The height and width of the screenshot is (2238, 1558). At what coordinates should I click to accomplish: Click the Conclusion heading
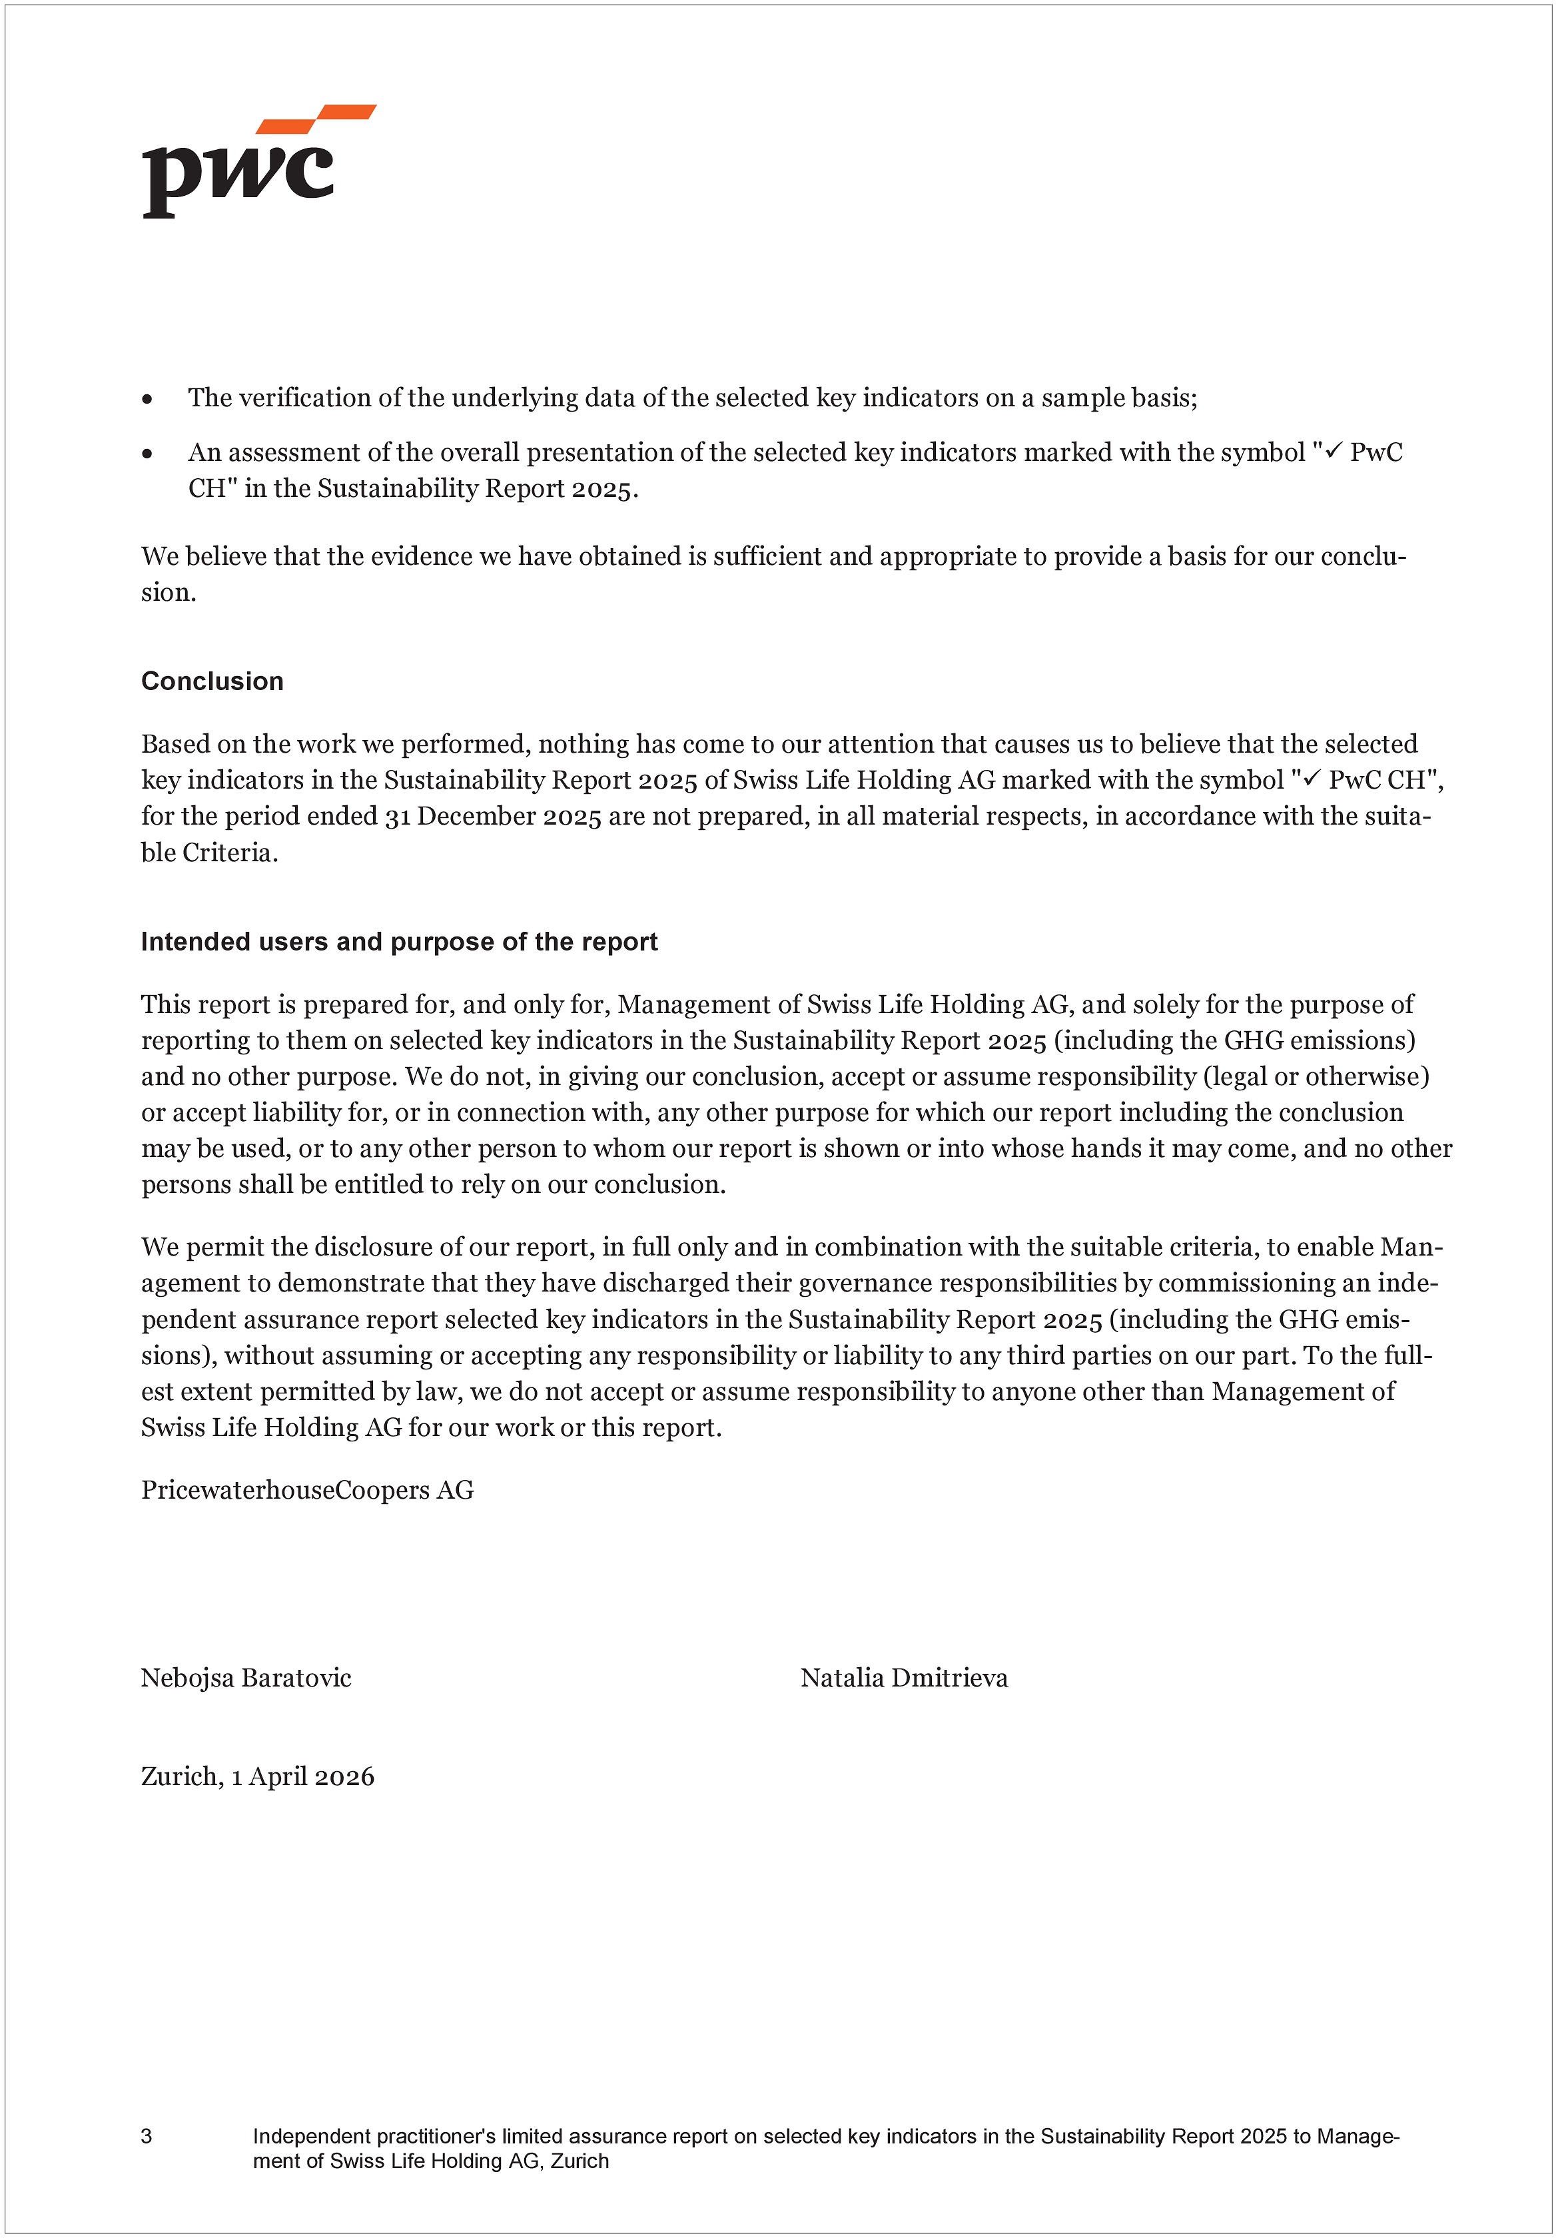(212, 681)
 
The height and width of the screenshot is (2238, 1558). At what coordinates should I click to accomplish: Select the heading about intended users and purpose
(399, 942)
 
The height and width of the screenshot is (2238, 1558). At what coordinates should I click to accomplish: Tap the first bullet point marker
(147, 399)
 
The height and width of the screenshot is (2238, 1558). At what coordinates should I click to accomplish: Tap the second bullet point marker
(147, 453)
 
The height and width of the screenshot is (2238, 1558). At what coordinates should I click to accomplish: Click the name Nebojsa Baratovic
(246, 1678)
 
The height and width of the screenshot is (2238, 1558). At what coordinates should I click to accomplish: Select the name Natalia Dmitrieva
(904, 1678)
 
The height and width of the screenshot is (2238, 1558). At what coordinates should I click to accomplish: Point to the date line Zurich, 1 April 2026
(257, 1776)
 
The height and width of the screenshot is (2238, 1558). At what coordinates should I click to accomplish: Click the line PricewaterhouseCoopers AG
(307, 1489)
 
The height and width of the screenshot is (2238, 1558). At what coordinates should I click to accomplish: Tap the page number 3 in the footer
(147, 2135)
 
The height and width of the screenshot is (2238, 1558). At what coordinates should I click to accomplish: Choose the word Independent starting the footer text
(312, 2135)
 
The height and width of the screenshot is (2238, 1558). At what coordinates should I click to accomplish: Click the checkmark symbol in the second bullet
(1333, 450)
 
